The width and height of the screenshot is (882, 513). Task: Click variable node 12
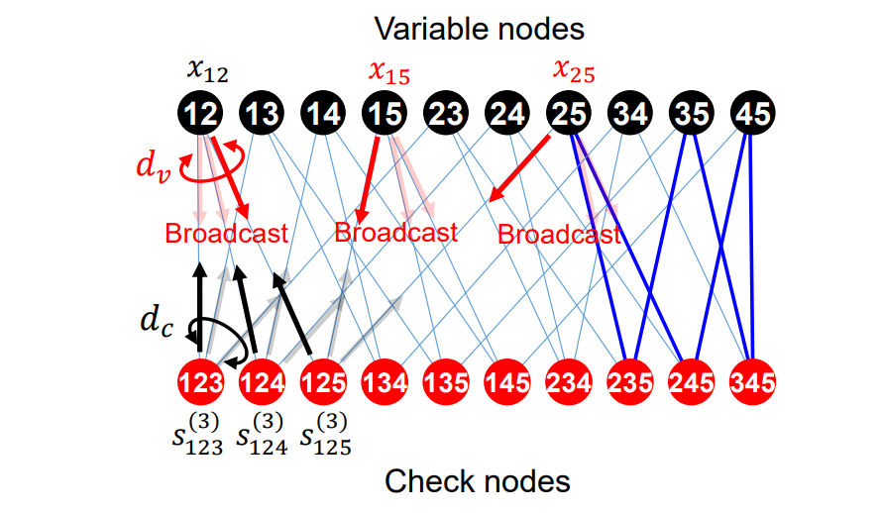[201, 115]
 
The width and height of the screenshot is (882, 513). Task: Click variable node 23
[446, 115]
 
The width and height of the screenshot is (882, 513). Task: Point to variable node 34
[629, 115]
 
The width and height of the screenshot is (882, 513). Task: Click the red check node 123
[201, 381]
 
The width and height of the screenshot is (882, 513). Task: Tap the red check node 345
[752, 381]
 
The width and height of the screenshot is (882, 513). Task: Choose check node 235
[629, 381]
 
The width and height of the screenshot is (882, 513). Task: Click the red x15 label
[388, 70]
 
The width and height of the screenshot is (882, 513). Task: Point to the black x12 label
[206, 70]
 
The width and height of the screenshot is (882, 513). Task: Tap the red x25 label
[574, 70]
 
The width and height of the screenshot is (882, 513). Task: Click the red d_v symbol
[154, 165]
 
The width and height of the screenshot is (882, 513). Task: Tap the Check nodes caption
[478, 482]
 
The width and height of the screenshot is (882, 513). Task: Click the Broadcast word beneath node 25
[558, 234]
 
